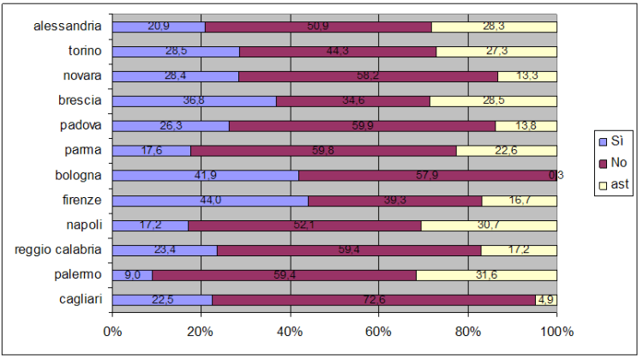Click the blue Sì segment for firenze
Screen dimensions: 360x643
coord(210,201)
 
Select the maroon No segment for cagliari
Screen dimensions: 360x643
coord(374,300)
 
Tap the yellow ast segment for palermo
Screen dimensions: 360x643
coord(486,275)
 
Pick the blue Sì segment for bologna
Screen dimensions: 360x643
coord(206,176)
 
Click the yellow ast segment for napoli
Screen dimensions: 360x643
coord(489,225)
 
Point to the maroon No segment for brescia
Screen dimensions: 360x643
coord(352,101)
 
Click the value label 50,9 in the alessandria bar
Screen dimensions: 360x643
coord(318,27)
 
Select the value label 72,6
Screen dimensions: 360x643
coord(374,300)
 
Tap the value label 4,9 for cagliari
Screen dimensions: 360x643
coord(546,300)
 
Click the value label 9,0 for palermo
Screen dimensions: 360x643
coord(132,275)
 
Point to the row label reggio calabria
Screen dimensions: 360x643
coord(59,250)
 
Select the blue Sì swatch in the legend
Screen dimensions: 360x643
coord(602,141)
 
